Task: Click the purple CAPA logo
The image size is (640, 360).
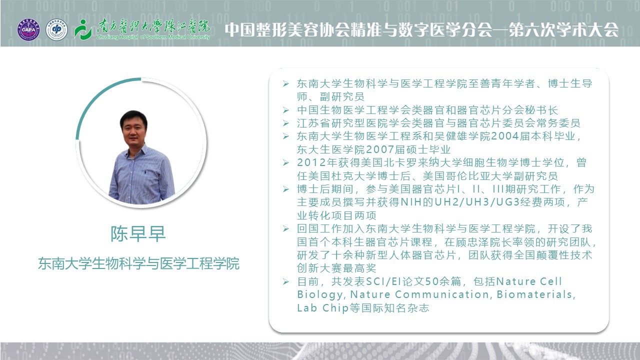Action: pyautogui.click(x=28, y=29)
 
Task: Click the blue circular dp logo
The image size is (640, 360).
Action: pyautogui.click(x=56, y=29)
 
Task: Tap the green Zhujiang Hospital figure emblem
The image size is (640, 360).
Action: pyautogui.click(x=83, y=29)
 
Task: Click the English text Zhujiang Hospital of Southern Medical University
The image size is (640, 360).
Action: pyautogui.click(x=153, y=37)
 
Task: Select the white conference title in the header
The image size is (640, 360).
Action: pyautogui.click(x=421, y=29)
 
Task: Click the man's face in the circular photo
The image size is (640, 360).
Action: pyautogui.click(x=133, y=128)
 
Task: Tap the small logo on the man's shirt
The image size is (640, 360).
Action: pyautogui.click(x=145, y=172)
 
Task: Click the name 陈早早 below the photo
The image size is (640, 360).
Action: pyautogui.click(x=138, y=233)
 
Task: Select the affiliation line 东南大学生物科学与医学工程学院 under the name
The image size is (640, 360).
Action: pyautogui.click(x=139, y=263)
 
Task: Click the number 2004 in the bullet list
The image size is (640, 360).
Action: pyautogui.click(x=504, y=136)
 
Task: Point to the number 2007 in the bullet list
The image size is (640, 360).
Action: pyautogui.click(x=379, y=149)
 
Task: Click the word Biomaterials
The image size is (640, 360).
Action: pyautogui.click(x=534, y=294)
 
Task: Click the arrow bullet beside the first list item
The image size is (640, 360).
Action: pyautogui.click(x=285, y=83)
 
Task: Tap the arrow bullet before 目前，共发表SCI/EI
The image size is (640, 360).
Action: pyautogui.click(x=285, y=281)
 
